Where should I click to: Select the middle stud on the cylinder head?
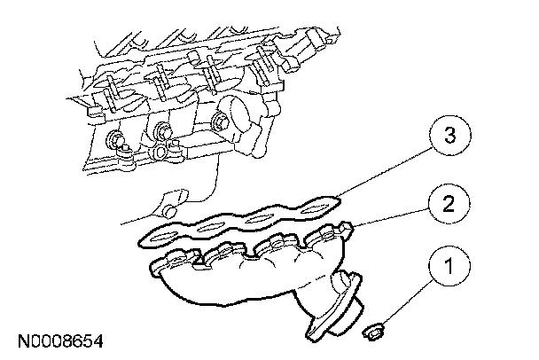click(162, 135)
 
